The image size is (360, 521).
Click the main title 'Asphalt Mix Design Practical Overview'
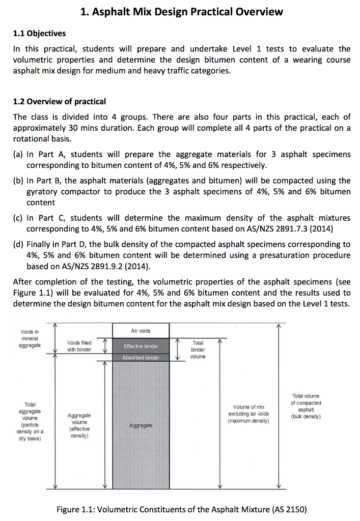(181, 12)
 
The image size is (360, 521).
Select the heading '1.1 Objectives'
(39, 34)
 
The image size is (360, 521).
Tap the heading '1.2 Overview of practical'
(59, 102)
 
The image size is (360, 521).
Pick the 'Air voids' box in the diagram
(141, 331)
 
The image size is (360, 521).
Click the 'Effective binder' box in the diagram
(141, 346)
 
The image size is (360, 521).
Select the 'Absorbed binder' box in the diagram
(141, 358)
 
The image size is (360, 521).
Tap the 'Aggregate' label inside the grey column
(141, 425)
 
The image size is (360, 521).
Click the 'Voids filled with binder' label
(79, 346)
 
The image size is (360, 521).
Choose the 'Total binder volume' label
(198, 350)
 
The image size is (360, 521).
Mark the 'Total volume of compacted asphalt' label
(306, 406)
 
